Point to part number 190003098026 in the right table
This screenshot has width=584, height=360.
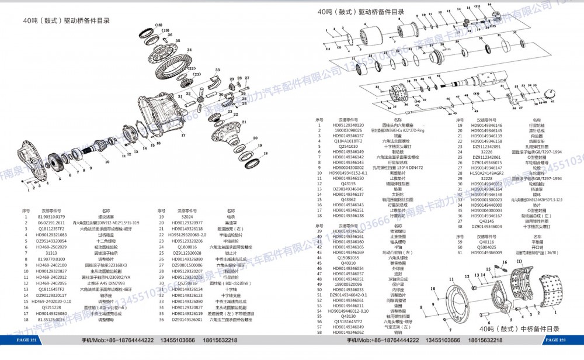click(348, 130)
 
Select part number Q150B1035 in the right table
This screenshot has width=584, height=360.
click(348, 257)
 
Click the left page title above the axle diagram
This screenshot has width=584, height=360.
click(67, 20)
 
